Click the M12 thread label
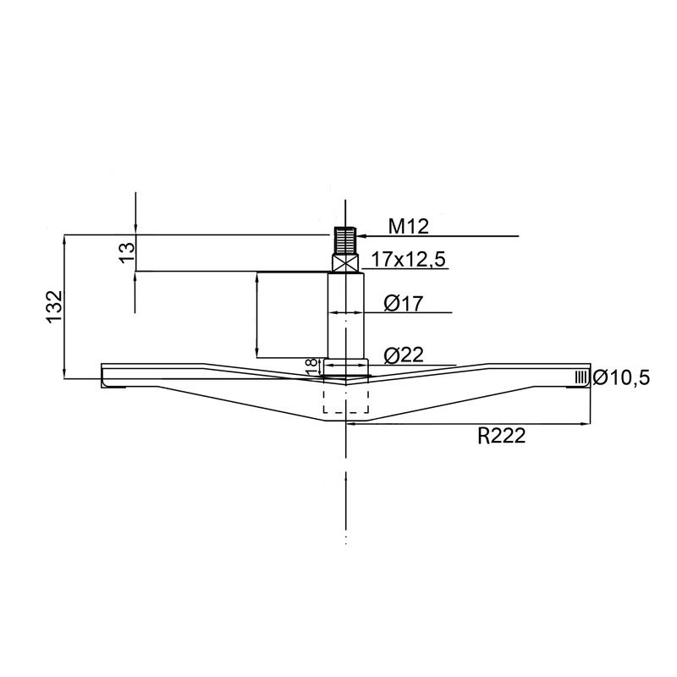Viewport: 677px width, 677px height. (409, 226)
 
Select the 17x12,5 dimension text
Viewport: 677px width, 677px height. (409, 260)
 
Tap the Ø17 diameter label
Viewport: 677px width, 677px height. (404, 304)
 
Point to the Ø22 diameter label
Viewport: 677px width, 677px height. (404, 355)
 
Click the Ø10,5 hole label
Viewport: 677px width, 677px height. (621, 377)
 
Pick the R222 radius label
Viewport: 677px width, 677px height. (502, 436)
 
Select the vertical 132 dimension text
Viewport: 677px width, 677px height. (55, 307)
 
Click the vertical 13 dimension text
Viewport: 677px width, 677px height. (127, 253)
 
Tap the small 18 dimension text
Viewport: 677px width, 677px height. (311, 367)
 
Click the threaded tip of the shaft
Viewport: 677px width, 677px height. (345, 240)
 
